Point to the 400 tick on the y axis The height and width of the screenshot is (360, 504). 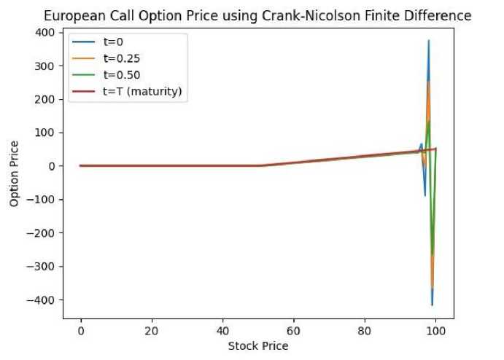[x=47, y=33]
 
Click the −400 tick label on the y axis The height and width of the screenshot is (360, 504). [x=44, y=300]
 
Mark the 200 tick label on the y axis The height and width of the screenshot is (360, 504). [x=47, y=99]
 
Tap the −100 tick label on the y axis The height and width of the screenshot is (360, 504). [x=44, y=200]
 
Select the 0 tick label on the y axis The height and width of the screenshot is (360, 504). [x=53, y=166]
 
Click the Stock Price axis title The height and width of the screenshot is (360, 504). [x=257, y=345]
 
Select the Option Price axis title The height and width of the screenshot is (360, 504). [x=15, y=172]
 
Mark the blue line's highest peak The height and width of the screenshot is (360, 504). [x=429, y=41]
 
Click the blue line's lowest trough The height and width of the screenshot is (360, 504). [x=433, y=305]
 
